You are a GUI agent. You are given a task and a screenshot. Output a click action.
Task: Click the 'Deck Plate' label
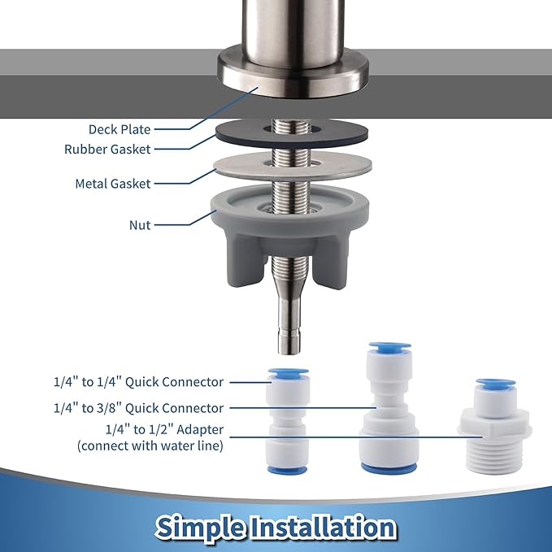click(x=120, y=129)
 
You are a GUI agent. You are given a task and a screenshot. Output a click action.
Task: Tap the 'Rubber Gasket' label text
click(x=107, y=150)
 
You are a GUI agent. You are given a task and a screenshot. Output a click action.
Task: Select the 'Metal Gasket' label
click(x=113, y=184)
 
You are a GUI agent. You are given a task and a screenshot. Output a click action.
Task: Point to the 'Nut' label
click(x=140, y=225)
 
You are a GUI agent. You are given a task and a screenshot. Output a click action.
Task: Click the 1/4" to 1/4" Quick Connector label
click(x=138, y=382)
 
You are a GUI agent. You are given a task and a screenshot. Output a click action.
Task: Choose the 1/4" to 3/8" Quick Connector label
click(x=138, y=408)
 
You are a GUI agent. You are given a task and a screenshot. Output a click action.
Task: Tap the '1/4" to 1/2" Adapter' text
click(x=164, y=429)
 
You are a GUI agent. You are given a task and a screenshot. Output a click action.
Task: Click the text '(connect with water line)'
click(x=150, y=446)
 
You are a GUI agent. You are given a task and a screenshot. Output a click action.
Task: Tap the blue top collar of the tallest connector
click(x=389, y=347)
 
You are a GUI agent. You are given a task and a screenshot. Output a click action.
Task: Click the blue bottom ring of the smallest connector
click(x=288, y=469)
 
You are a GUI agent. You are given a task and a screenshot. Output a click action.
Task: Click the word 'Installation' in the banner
click(x=324, y=526)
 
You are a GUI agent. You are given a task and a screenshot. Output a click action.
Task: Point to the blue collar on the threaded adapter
click(x=495, y=384)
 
